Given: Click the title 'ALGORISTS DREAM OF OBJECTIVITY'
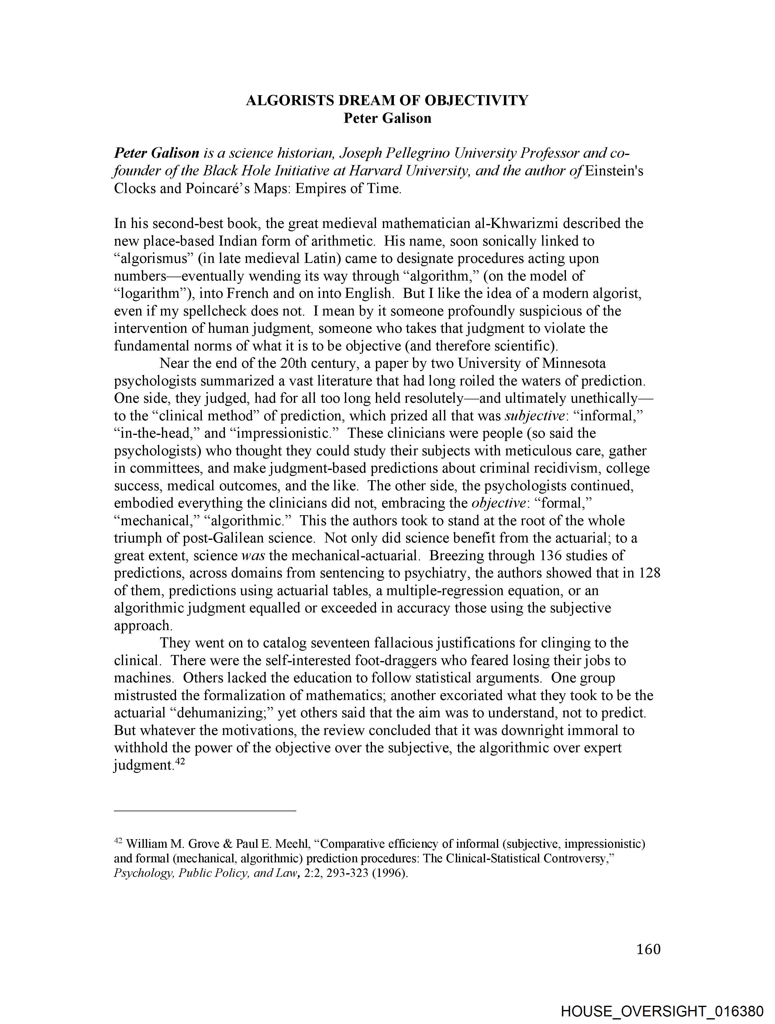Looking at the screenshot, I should (x=387, y=101).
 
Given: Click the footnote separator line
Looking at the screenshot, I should (x=205, y=811).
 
